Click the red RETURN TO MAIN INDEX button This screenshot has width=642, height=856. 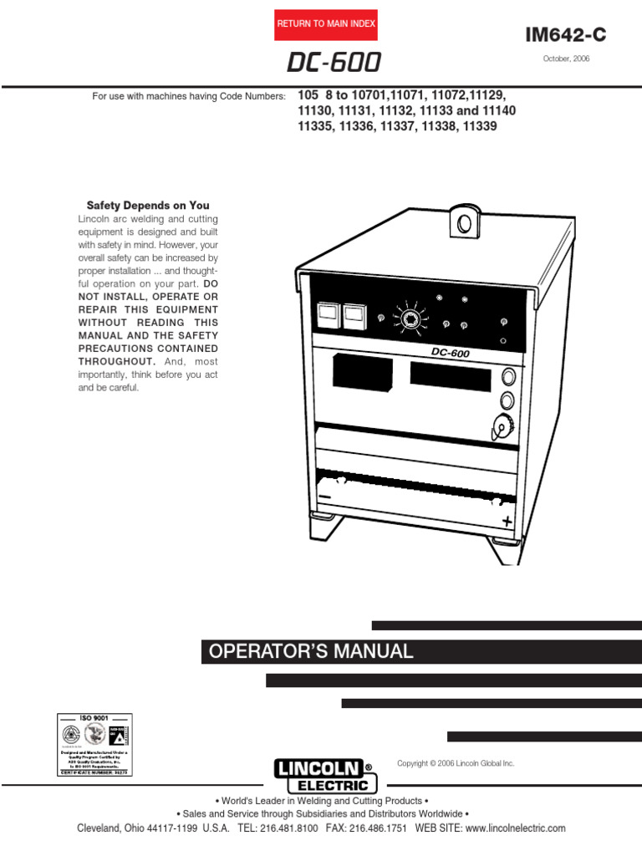coord(326,24)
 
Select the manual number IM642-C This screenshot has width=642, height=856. coord(565,34)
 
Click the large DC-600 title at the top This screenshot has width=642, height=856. coord(334,64)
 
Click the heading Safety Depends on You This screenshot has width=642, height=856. coord(149,205)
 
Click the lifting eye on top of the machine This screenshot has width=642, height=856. coord(461,222)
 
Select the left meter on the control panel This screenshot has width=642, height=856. coord(328,314)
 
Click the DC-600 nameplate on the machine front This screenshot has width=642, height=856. coord(451,352)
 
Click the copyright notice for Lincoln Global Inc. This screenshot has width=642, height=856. coord(456,763)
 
